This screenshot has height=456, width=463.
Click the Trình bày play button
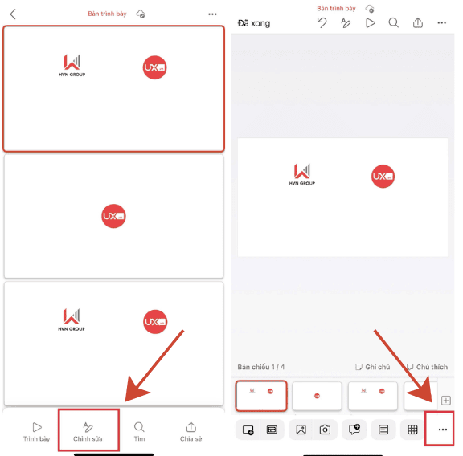36,432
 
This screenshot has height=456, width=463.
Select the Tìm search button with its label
139,432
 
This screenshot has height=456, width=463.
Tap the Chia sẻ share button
191,432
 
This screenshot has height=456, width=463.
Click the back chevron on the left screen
13,14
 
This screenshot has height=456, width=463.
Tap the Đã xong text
254,23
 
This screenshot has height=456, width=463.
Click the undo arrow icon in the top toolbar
322,23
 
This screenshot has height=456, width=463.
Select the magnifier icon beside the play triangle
394,23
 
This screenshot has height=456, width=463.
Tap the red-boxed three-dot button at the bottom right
442,430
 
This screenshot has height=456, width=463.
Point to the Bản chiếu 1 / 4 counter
261,367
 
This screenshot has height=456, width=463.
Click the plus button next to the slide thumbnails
446,401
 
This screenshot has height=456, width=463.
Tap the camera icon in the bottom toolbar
325,430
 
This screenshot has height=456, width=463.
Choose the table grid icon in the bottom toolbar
412,430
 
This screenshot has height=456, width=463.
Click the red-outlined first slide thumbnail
261,396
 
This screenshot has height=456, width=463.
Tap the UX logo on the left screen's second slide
113,216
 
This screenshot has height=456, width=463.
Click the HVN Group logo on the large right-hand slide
302,175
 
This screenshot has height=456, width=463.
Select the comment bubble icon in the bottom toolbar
354,430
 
